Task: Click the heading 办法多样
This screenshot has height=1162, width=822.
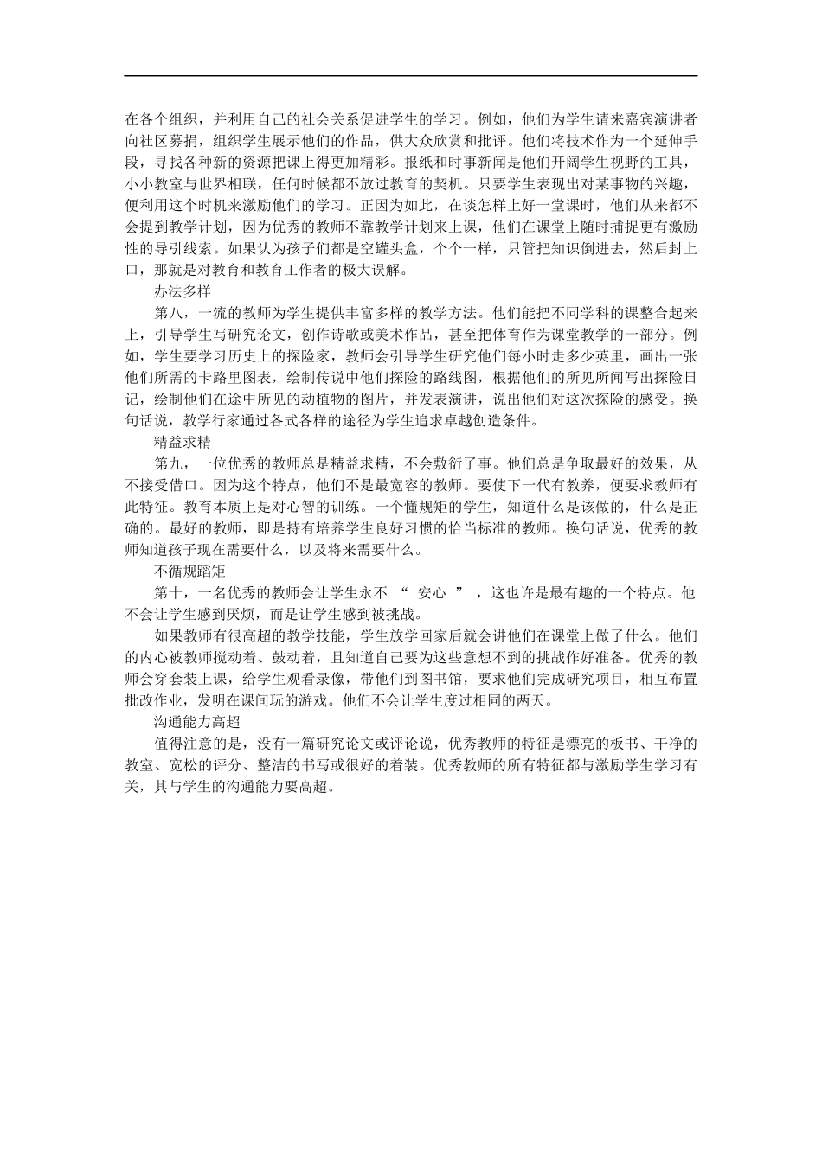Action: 183,291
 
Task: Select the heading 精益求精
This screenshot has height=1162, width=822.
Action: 183,442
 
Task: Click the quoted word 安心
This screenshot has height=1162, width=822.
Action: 432,593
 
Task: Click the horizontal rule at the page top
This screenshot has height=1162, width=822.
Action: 411,76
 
